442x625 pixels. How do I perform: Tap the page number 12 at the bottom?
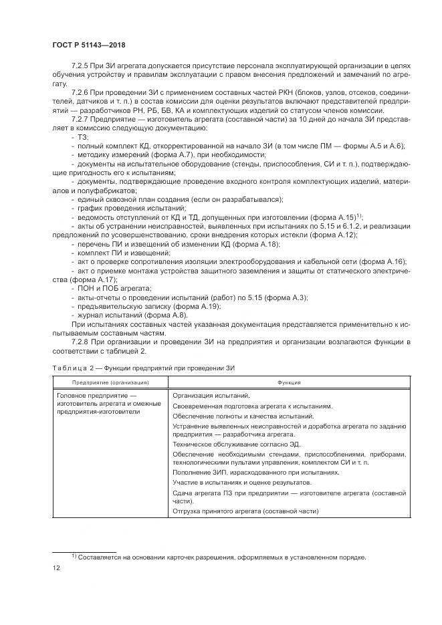56,568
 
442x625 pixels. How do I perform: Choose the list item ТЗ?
82,136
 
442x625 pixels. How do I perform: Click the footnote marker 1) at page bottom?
74,556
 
